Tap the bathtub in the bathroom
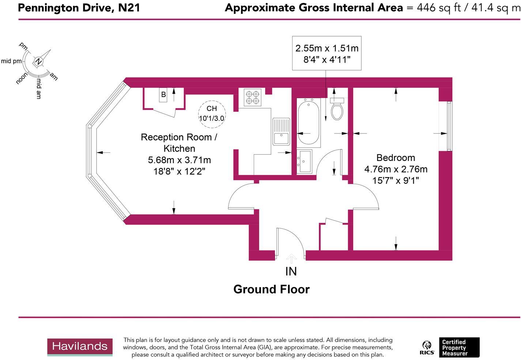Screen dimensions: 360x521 tap(309, 123)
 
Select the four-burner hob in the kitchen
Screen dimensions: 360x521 tap(252, 97)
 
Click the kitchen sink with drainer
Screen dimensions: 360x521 tap(281, 132)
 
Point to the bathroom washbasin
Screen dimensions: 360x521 tap(304, 161)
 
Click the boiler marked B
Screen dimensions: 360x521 tap(163, 94)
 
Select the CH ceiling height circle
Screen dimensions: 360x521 tap(212, 113)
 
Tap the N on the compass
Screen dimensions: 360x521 tap(38, 61)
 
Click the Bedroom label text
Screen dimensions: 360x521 tap(396, 158)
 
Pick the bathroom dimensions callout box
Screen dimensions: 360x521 tap(326, 53)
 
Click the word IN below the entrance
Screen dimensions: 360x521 tap(291, 271)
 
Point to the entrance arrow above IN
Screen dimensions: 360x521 tap(291, 259)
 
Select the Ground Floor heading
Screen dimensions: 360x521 tap(271, 289)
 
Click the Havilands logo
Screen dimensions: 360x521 tap(80, 346)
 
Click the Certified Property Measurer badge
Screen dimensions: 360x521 tap(459, 348)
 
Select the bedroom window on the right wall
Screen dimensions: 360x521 tap(449, 126)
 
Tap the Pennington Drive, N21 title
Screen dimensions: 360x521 tap(79, 8)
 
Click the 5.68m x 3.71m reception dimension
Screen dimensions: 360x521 tap(179, 160)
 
